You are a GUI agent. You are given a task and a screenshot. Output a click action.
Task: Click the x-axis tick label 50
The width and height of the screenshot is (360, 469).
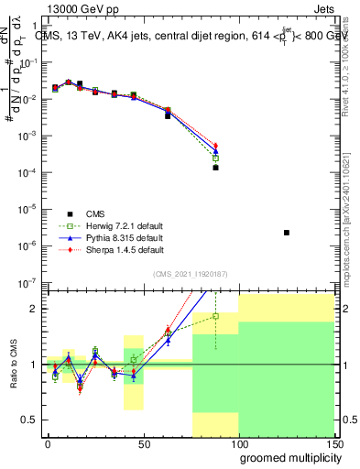coord(143,442)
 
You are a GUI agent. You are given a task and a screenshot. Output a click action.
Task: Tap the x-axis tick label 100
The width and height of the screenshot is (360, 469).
coord(239,442)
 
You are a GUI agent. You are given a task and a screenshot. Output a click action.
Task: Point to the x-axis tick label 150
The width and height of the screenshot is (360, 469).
coord(334,442)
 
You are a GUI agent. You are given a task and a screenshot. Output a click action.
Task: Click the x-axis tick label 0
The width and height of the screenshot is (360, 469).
coord(48,442)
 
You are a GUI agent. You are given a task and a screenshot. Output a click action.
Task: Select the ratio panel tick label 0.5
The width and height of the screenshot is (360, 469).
coord(29,420)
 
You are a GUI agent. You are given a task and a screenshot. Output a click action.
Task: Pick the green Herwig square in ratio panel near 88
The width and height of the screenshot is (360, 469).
coord(216,316)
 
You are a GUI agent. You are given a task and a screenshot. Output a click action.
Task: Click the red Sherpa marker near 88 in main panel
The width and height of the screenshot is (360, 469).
coord(216,146)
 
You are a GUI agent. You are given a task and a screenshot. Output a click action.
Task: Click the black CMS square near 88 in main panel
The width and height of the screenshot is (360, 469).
coord(216,168)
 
